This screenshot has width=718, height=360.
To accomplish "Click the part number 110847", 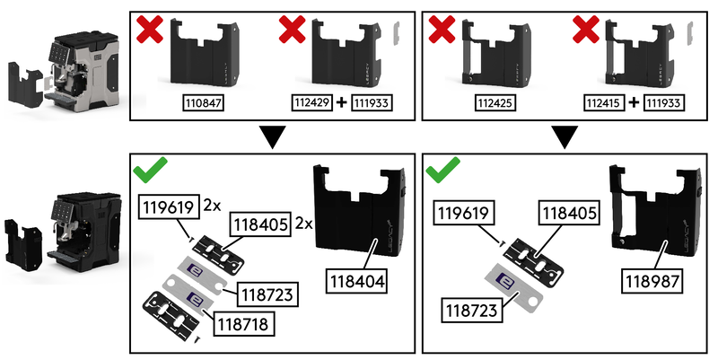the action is pyautogui.click(x=204, y=103).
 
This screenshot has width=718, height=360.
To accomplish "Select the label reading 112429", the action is pyautogui.click(x=311, y=102).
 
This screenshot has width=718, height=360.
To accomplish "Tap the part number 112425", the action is pyautogui.click(x=495, y=103).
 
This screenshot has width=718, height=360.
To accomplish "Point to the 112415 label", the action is pyautogui.click(x=604, y=102).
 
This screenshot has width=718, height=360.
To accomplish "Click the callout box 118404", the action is pyautogui.click(x=357, y=281).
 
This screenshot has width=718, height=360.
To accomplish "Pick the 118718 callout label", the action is pyautogui.click(x=242, y=324).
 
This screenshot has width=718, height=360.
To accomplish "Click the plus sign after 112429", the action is pyautogui.click(x=342, y=102).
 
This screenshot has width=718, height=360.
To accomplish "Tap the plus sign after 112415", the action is pyautogui.click(x=634, y=102).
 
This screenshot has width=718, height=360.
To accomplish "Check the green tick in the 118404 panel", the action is pyautogui.click(x=150, y=170).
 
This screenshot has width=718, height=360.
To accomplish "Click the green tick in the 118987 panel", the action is pyautogui.click(x=442, y=170).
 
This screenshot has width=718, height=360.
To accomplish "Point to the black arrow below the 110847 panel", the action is pyautogui.click(x=273, y=137).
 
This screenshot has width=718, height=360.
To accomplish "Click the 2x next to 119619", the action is pyautogui.click(x=212, y=206).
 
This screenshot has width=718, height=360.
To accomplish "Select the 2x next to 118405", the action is pyautogui.click(x=303, y=224).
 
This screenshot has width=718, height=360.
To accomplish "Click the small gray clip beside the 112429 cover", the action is pyautogui.click(x=397, y=33).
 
